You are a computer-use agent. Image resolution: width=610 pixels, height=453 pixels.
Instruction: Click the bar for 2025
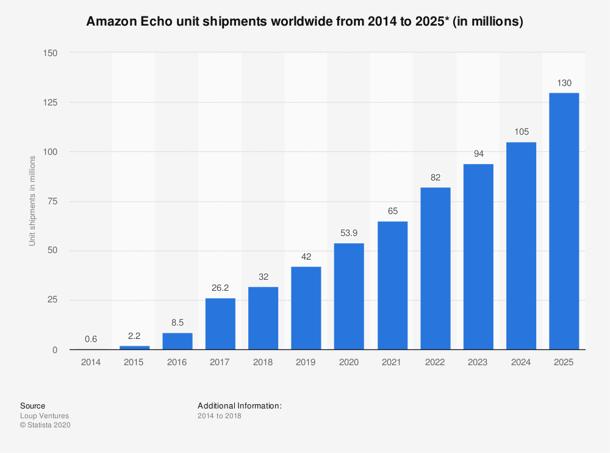coord(564,221)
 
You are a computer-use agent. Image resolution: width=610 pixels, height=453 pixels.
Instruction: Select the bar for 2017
coord(220,324)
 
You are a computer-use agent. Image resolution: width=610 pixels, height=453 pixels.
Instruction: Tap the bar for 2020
coord(349,296)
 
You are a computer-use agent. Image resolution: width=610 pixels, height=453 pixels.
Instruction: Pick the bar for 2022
coord(435,268)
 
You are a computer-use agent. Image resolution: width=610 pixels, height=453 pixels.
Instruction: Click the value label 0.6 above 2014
coord(91,340)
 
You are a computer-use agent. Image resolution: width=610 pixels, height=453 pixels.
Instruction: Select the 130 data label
coord(564,83)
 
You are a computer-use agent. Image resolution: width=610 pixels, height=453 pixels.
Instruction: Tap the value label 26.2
coord(220,288)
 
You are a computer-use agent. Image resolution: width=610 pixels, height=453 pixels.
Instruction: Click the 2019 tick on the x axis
coord(306,362)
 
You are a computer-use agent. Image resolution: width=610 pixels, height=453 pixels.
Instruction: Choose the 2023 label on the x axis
coord(478,362)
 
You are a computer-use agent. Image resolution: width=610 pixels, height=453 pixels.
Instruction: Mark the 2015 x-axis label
coord(134,362)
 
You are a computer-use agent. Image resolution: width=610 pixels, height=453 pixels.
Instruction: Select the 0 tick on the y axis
coord(54,350)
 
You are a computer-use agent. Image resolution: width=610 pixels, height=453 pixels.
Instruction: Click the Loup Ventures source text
coord(45,416)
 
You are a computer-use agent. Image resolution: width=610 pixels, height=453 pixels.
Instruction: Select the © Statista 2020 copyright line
coord(45,426)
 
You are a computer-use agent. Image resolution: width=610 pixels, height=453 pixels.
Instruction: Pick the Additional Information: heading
coord(239,405)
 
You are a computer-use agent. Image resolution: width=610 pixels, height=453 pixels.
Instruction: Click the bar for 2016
coord(177,341)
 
